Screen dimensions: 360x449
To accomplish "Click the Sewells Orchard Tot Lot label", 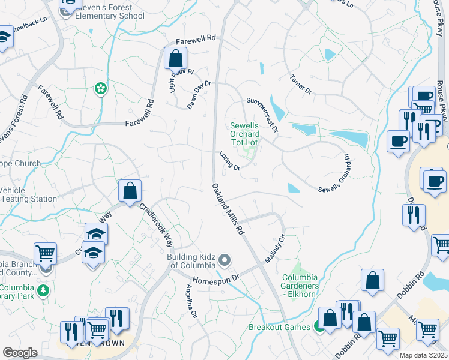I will pyautogui.click(x=244, y=134).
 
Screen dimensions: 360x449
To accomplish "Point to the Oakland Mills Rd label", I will pyautogui.click(x=228, y=208).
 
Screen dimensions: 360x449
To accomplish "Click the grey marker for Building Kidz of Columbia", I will pyautogui.click(x=224, y=260).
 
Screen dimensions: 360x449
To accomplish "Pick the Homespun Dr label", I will pyautogui.click(x=215, y=279).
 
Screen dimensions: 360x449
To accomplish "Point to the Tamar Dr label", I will pyautogui.click(x=301, y=83).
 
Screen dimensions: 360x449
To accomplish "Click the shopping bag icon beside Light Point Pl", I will pyautogui.click(x=176, y=59).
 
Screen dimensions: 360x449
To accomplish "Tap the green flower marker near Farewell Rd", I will pyautogui.click(x=100, y=89).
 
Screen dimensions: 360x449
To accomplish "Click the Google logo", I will pyautogui.click(x=20, y=353).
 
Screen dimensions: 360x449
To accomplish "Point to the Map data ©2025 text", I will pyautogui.click(x=423, y=355).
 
